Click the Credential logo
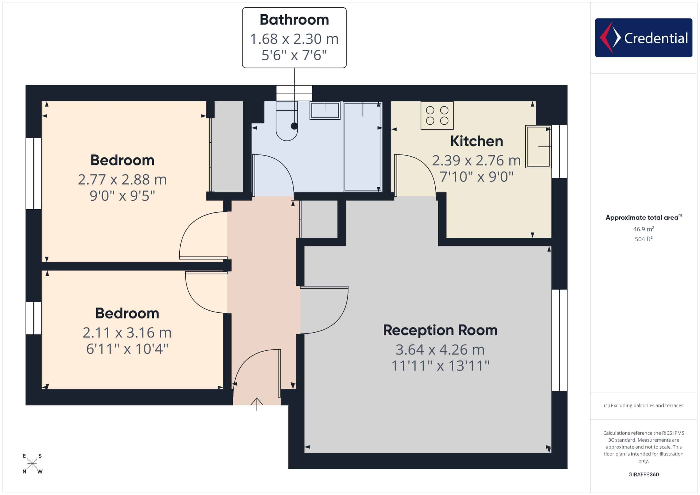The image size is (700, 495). tap(643, 38)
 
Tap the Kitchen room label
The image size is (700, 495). tap(477, 141)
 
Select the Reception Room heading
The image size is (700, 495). tap(440, 330)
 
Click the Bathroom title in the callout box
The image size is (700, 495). tap(294, 19)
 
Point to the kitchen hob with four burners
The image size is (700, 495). tap(437, 116)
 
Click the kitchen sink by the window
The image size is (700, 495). tap(538, 147)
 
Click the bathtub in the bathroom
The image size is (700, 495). tap(363, 147)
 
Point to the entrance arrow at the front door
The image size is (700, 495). tap(257, 404)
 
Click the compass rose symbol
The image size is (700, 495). tap(32, 464)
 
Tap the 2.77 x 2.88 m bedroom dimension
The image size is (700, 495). tap(122, 180)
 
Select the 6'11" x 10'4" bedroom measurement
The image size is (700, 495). tap(127, 349)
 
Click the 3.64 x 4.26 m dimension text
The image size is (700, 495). tap(440, 350)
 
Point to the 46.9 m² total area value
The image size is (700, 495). tap(643, 229)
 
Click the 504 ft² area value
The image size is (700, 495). tap(643, 239)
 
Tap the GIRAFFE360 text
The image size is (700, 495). tap(643, 475)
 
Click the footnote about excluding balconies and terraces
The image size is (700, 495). tap(643, 405)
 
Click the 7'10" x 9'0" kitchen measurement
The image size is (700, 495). tap(477, 177)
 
